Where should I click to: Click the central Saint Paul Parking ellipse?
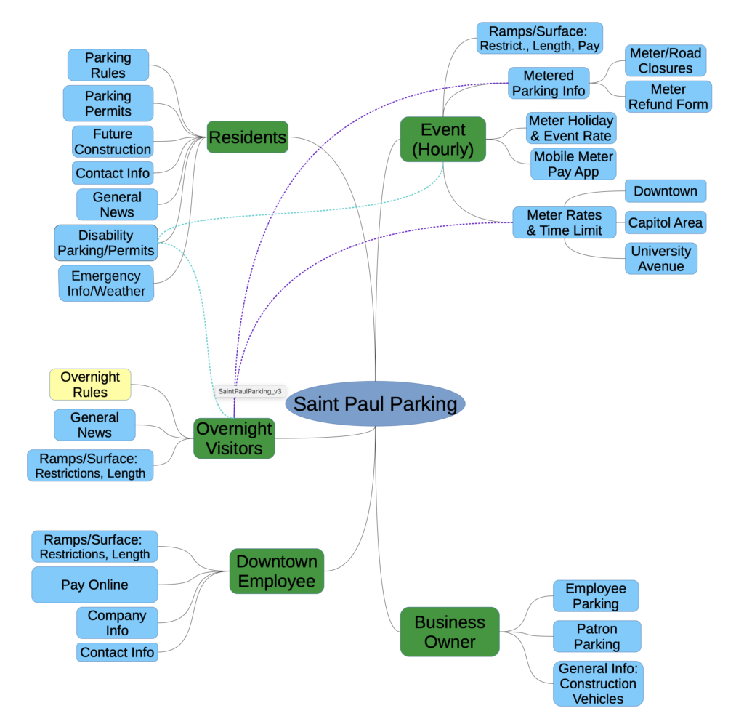[375, 404]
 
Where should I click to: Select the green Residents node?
[248, 137]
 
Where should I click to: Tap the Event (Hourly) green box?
[443, 139]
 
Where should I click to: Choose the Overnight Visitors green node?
[234, 438]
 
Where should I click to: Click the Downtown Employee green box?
[277, 571]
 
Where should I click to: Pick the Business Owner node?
[450, 632]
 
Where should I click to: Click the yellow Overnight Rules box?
[90, 384]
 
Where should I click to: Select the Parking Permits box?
[108, 103]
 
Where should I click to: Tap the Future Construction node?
[113, 141]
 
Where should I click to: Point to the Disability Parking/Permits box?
[106, 243]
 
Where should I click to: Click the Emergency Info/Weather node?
[106, 284]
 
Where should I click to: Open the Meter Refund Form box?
[668, 97]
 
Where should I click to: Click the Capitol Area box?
[665, 222]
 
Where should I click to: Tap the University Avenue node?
[660, 258]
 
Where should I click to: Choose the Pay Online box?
[94, 585]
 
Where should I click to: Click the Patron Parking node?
[597, 636]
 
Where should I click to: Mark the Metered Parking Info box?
[548, 83]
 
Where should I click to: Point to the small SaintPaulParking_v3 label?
[249, 391]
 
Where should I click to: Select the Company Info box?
[117, 623]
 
